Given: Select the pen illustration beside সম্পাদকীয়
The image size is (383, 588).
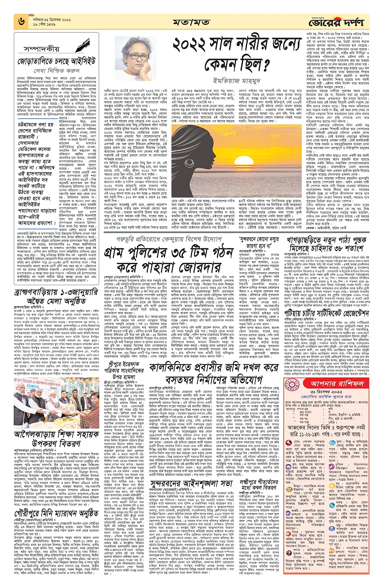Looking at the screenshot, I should point(85,44).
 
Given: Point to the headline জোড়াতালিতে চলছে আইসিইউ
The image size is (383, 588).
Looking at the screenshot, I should point(56,62).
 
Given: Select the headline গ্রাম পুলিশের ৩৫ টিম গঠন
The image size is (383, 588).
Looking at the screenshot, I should point(170,254).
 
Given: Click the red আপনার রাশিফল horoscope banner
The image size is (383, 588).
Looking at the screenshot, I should point(332,383).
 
